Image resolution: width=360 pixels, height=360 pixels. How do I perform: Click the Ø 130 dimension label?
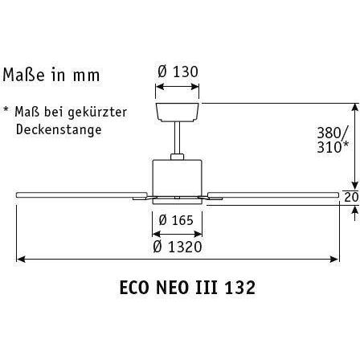[178, 72]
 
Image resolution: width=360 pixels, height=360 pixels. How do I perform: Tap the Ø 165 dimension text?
[176, 220]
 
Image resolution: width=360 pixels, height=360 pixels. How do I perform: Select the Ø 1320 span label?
[178, 247]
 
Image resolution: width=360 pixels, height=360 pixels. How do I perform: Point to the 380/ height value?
[332, 133]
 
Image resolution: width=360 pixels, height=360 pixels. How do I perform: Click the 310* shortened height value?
[333, 147]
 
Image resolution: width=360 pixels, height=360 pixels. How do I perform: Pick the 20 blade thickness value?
[351, 198]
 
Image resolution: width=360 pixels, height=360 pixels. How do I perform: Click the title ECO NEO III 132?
[187, 288]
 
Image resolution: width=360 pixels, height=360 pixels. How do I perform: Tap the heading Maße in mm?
[51, 75]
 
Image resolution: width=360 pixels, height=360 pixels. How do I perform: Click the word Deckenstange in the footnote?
[59, 129]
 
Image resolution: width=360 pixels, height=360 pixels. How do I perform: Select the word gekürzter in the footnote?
[97, 112]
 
